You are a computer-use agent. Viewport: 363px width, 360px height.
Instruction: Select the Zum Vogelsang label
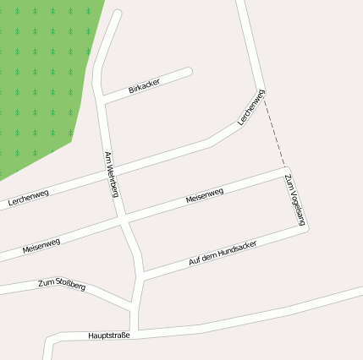pyautogui.click(x=294, y=199)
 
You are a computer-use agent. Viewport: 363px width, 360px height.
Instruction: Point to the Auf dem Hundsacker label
pyautogui.click(x=222, y=254)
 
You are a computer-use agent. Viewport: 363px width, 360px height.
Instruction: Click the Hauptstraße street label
pyautogui.click(x=109, y=336)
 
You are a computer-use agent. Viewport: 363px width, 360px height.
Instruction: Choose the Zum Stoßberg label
pyautogui.click(x=62, y=285)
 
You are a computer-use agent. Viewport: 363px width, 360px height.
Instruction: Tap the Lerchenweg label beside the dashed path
pyautogui.click(x=252, y=107)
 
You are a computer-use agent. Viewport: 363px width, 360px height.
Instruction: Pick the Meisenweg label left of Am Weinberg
pyautogui.click(x=41, y=246)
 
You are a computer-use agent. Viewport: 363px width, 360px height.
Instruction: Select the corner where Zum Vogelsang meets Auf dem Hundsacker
pyautogui.click(x=303, y=228)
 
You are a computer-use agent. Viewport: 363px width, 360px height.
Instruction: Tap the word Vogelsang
pyautogui.click(x=295, y=206)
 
